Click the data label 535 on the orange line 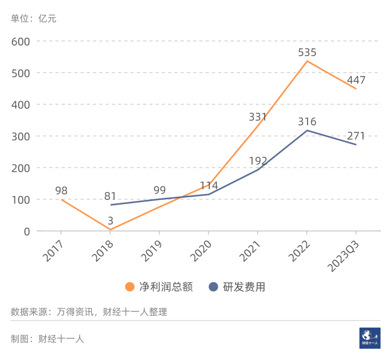[307, 53]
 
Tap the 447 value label [356, 81]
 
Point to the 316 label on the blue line [307, 122]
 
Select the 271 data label [356, 136]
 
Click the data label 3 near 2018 [110, 220]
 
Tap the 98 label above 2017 [61, 191]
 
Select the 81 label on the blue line [110, 196]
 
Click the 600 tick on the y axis [21, 41]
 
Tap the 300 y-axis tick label [21, 136]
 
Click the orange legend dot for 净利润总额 [130, 287]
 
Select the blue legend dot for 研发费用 [213, 287]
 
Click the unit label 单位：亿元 [33, 19]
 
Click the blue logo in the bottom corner [370, 338]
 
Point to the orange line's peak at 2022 [307, 61]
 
